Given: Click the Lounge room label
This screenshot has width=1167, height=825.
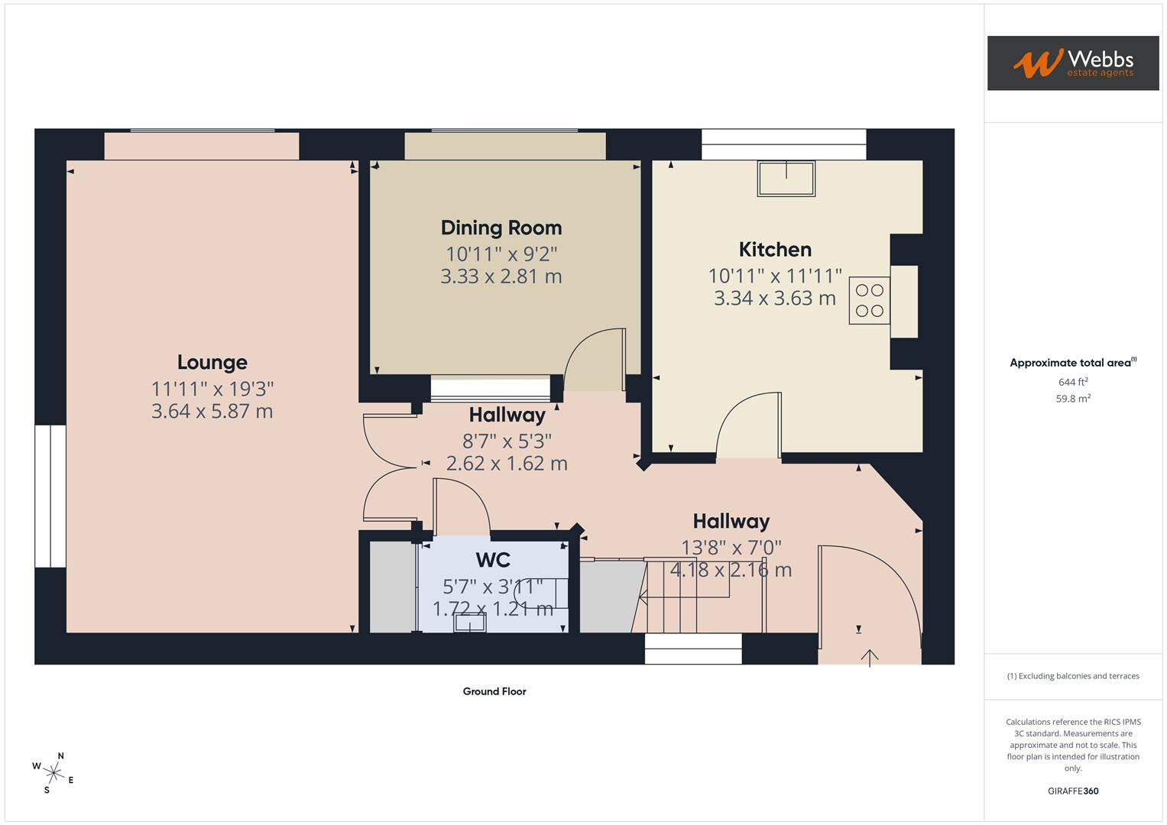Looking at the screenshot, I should point(212,362).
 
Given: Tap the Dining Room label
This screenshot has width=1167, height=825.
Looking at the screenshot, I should point(501,228).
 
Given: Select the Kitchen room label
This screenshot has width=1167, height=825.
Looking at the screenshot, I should point(775,250).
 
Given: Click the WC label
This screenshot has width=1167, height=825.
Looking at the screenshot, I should point(493,560).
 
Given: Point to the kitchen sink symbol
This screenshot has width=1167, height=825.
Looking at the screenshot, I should point(786,178).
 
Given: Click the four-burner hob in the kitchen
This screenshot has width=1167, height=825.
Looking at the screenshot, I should point(869,300).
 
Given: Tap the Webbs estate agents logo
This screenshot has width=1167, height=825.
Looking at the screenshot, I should point(1073,63).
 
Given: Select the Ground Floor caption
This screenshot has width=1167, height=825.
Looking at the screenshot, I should point(494,691).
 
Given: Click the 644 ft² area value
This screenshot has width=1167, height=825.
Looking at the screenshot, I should point(1073,382).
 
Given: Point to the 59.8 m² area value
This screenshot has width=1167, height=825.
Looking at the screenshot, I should point(1073,398).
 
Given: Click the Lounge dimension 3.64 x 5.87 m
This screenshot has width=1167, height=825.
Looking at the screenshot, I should point(212,412).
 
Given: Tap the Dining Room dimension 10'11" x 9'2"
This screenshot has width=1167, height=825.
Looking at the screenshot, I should point(501,254).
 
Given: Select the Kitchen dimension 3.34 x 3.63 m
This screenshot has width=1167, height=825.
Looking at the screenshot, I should point(775,298).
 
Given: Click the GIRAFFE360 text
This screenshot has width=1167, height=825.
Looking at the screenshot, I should point(1073,791).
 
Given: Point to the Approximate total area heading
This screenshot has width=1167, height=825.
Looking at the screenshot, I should point(1073,363).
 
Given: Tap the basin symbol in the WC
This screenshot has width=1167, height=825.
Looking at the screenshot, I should point(469,623).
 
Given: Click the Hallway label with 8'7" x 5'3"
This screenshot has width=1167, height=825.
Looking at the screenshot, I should point(507,416).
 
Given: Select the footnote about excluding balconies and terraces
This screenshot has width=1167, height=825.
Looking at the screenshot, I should point(1073,676).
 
